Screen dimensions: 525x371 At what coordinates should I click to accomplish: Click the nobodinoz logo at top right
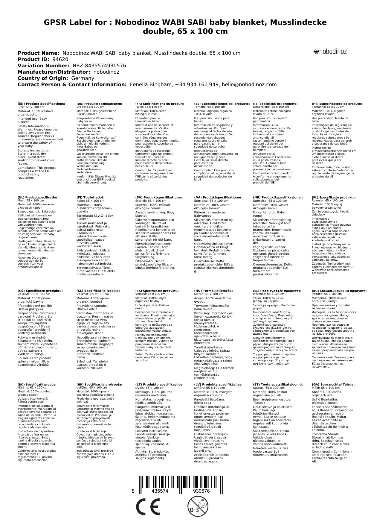click(x=330, y=52)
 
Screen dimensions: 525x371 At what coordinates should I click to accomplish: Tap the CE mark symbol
click(x=147, y=507)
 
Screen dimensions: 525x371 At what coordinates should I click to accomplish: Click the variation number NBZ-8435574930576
click(x=99, y=66)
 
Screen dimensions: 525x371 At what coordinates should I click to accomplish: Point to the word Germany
click(x=83, y=78)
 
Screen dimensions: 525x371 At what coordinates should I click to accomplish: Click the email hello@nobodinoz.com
click(x=249, y=85)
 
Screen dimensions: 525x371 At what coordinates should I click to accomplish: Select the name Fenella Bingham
click(x=151, y=85)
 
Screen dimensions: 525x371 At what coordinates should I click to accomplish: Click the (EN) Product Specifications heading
click(x=41, y=104)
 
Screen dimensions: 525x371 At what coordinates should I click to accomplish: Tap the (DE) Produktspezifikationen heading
click(x=99, y=104)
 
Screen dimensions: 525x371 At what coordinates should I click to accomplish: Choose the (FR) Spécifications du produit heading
click(x=159, y=104)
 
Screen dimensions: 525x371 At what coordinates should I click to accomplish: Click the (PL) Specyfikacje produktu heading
click(x=334, y=198)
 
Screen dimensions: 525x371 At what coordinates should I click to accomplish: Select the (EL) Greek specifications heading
click(x=277, y=291)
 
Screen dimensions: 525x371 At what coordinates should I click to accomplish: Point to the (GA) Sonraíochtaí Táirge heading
click(x=329, y=384)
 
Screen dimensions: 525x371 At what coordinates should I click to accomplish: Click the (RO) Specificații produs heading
click(x=37, y=384)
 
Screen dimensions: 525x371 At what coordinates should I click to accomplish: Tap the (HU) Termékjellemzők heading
click(x=213, y=291)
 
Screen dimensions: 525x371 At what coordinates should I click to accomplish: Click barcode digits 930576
click(x=201, y=491)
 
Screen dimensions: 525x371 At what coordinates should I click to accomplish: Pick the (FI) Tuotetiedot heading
click(x=90, y=198)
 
